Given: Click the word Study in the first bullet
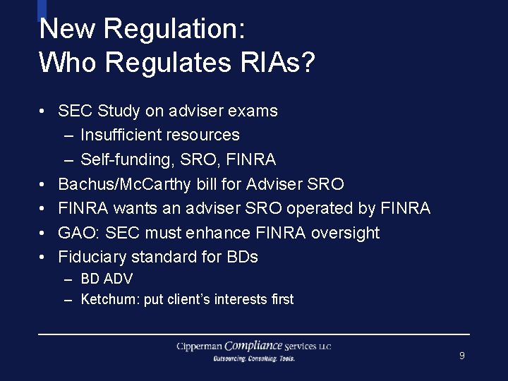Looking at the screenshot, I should point(119,111).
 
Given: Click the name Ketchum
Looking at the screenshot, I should point(109,299).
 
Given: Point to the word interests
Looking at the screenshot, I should point(241,299).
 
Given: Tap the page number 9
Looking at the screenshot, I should point(461,356).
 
